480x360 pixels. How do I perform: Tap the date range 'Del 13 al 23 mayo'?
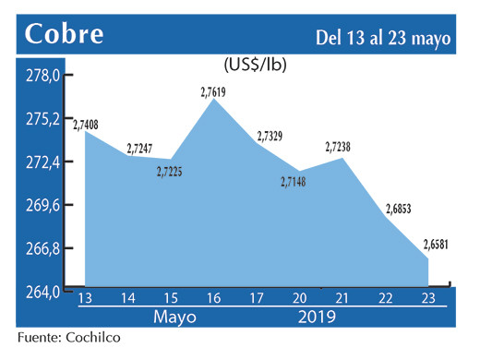pyautogui.click(x=382, y=38)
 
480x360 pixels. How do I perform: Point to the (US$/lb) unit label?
pyautogui.click(x=254, y=66)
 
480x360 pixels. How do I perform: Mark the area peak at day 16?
pyautogui.click(x=214, y=100)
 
